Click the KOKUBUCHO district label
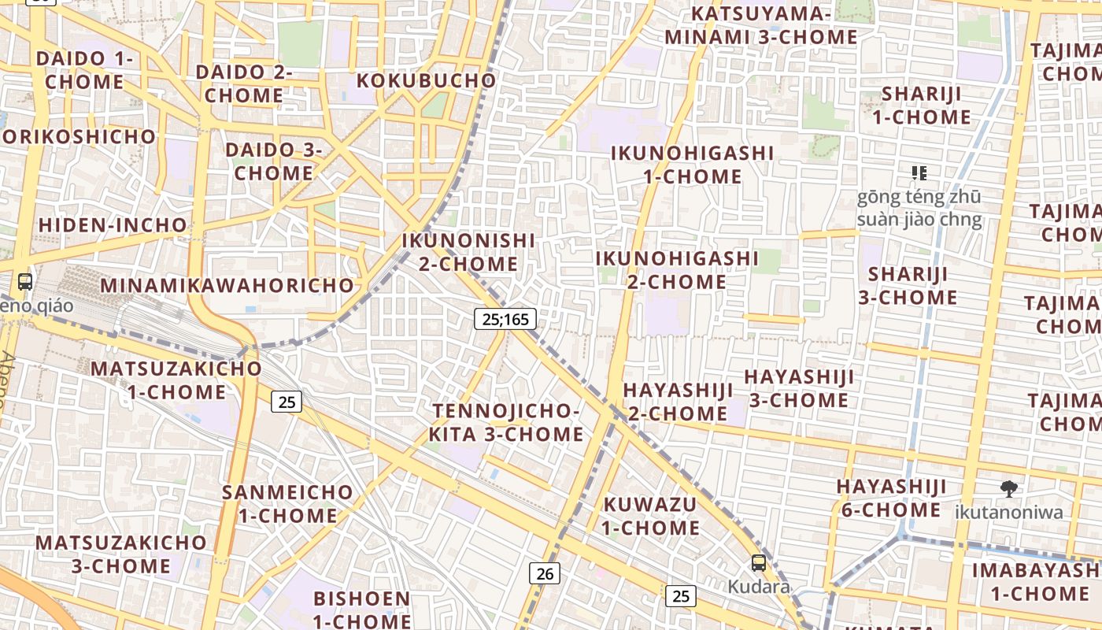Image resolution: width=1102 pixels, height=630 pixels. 427,80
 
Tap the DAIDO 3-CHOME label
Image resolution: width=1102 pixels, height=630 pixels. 274,161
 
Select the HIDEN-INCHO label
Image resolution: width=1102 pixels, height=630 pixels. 113,225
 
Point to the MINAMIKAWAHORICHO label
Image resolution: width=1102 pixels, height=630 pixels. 227,285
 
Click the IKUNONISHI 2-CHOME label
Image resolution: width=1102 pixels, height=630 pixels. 468,252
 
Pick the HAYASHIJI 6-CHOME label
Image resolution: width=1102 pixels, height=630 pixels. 891,498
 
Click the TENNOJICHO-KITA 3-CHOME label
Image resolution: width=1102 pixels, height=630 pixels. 506,423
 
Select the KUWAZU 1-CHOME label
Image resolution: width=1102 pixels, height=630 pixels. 651,516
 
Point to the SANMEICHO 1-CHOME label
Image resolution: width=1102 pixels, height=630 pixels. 288,504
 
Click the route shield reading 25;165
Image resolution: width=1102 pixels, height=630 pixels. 505,319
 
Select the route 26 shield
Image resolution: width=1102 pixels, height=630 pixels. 545,573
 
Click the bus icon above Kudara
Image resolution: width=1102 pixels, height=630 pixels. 759,563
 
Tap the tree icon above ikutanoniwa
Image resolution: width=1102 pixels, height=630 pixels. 1008,490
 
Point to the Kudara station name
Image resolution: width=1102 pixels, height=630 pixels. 758,587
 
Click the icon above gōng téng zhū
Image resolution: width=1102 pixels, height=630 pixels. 919,172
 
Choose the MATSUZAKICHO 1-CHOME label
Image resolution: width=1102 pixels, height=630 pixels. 176,380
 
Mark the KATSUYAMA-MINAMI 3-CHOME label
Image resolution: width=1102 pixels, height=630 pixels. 761,25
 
